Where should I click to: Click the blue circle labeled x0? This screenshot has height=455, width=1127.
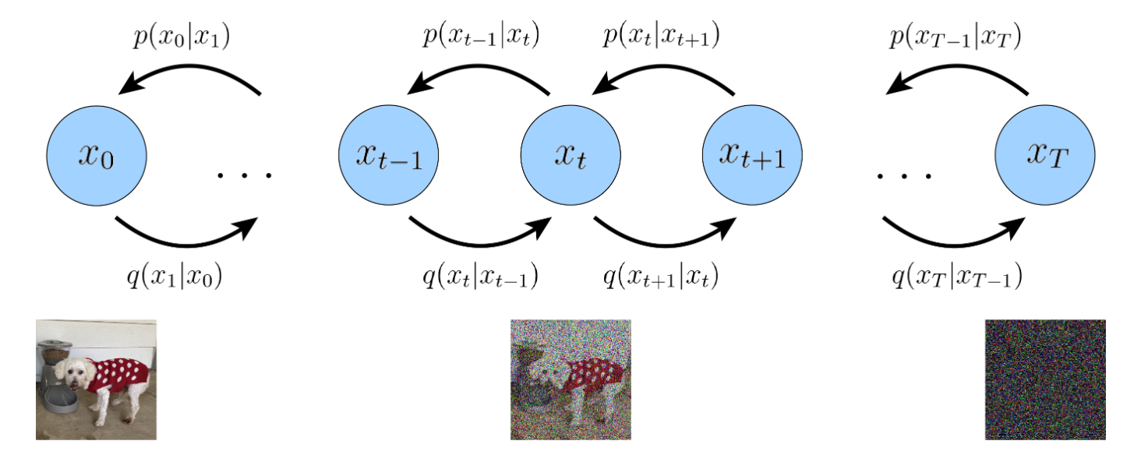(x=97, y=155)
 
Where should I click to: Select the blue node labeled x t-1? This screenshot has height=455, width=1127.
(x=388, y=155)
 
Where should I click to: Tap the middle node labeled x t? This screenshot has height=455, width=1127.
(x=571, y=155)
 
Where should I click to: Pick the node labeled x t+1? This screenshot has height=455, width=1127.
(x=753, y=155)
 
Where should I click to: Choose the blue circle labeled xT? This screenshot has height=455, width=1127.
(x=1045, y=155)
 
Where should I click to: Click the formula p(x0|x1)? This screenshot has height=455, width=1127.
(x=182, y=37)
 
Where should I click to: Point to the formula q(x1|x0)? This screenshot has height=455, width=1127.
(x=175, y=277)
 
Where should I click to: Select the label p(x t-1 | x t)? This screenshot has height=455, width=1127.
(x=482, y=36)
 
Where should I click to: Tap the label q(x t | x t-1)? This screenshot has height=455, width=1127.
(x=480, y=277)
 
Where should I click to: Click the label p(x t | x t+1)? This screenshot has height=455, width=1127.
(x=662, y=36)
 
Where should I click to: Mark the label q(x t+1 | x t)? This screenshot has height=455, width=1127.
(x=661, y=277)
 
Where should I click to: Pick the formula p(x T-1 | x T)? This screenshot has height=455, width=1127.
(x=956, y=37)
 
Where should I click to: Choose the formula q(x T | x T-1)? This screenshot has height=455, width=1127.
(x=957, y=277)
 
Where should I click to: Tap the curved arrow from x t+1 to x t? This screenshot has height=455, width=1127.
(x=663, y=66)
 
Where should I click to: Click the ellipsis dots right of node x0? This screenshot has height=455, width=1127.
(x=245, y=175)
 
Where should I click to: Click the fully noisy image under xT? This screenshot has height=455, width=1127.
(x=1045, y=379)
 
